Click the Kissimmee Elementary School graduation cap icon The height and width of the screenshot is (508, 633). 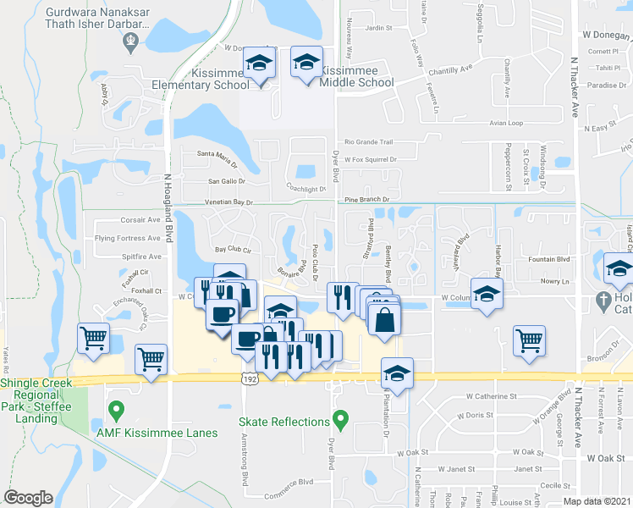(259, 63)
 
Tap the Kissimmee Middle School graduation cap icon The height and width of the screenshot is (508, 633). (305, 62)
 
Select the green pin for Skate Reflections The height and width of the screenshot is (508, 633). (340, 419)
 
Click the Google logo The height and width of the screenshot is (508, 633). (28, 498)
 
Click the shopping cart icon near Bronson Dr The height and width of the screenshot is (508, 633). (529, 340)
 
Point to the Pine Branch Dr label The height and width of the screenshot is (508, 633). (366, 200)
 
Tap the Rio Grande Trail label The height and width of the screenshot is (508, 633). (369, 142)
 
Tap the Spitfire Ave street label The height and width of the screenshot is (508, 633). (140, 256)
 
